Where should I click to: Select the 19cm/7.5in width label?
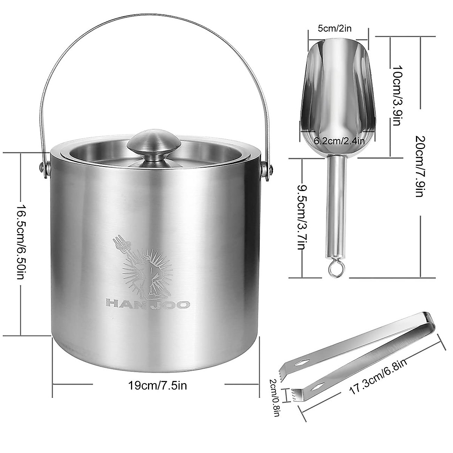coord(158,386)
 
